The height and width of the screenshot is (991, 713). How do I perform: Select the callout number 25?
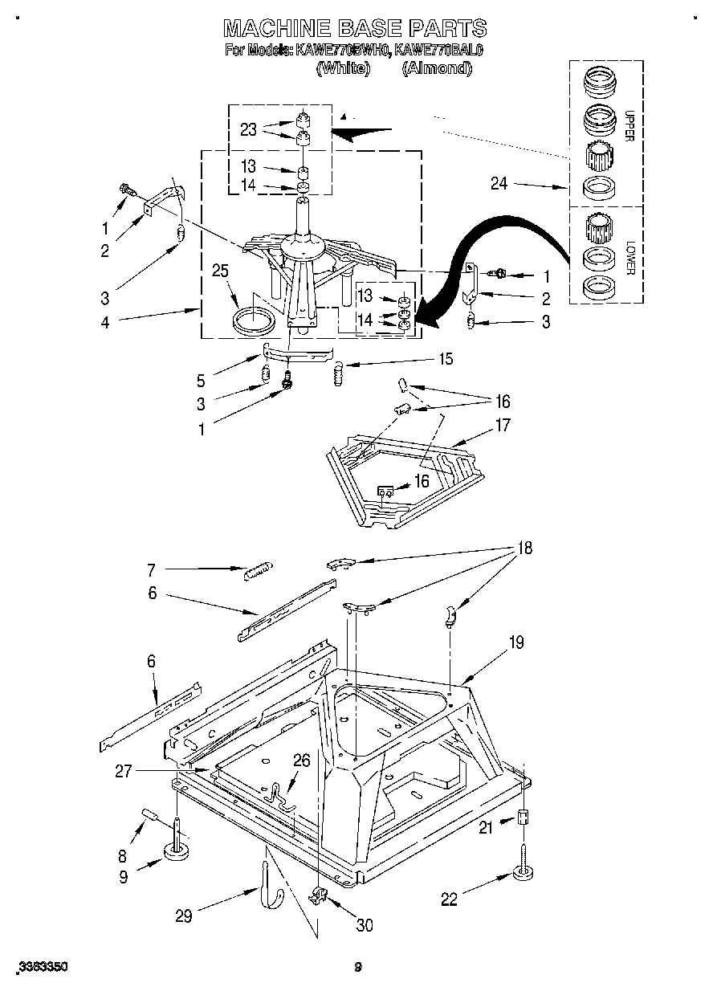coord(220,271)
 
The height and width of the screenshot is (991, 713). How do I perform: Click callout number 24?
coord(499,185)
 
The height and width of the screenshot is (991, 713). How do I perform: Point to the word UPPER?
coord(629,124)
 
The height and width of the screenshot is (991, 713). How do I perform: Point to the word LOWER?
coord(629,258)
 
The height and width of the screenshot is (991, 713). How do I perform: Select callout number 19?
coord(515,642)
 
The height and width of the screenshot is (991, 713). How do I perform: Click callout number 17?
coord(503,426)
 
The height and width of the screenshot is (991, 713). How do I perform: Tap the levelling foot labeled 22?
coord(523,873)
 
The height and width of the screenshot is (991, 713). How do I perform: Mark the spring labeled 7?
coord(256,571)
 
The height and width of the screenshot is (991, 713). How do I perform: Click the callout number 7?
coord(151,570)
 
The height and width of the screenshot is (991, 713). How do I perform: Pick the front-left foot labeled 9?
coord(177,850)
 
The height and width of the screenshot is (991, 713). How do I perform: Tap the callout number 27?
coord(123,771)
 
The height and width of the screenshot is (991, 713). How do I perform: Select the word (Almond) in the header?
coord(436,69)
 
